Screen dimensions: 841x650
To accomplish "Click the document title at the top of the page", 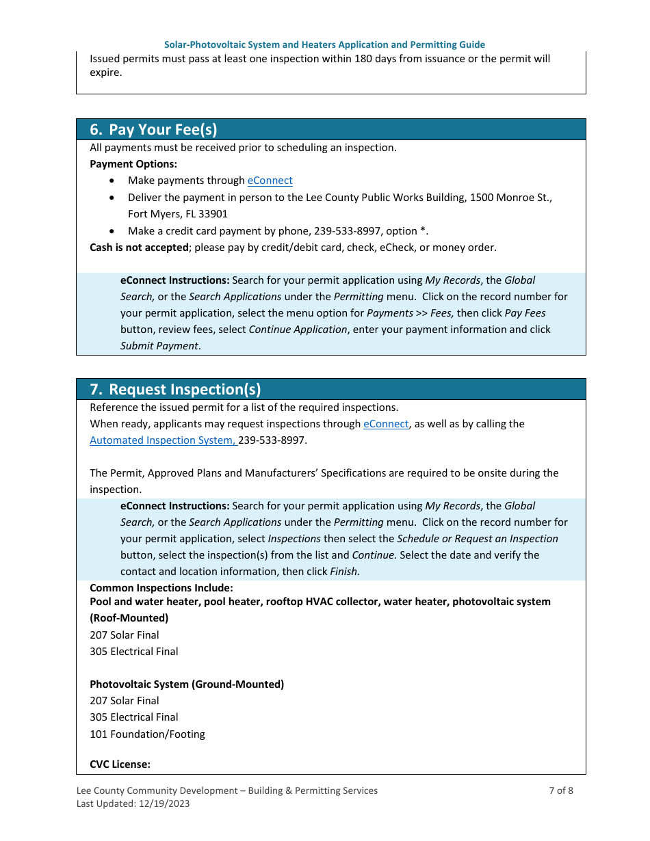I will tap(324, 44).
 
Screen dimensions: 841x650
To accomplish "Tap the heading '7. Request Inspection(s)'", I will tap(175, 389).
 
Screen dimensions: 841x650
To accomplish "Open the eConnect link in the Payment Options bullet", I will tap(270, 181).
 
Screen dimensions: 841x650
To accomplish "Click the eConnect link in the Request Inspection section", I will tap(386, 424).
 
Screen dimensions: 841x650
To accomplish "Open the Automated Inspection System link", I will tap(163, 440).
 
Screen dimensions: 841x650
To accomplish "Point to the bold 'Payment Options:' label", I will tap(133, 164).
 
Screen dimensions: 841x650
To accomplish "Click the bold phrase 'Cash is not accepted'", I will tap(139, 248).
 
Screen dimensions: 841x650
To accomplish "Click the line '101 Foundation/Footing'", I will tap(147, 734).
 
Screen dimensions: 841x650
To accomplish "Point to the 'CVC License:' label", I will tap(120, 764).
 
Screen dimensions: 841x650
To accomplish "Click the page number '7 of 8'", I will tap(561, 790).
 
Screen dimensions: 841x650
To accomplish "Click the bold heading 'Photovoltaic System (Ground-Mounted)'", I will tap(187, 684).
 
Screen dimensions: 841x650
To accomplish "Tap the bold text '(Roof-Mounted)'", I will tap(129, 618).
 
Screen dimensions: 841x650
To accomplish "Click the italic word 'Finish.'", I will tap(345, 572).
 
